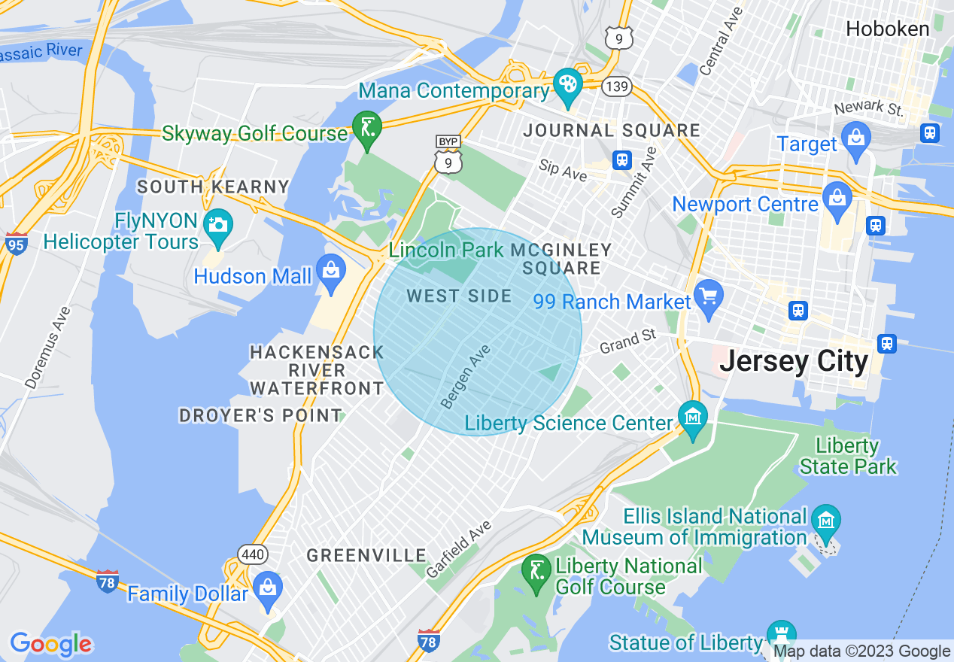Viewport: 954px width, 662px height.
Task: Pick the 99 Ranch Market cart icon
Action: pyautogui.click(x=709, y=296)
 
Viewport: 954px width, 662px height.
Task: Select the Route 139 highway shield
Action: pyautogui.click(x=615, y=87)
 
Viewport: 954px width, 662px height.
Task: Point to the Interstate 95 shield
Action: pyautogui.click(x=16, y=244)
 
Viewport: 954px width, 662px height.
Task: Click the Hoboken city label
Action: pyautogui.click(x=887, y=29)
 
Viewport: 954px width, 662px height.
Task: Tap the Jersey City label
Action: pyautogui.click(x=794, y=362)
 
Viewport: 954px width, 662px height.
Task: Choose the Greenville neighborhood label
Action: pyautogui.click(x=366, y=556)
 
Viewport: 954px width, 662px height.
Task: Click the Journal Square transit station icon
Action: pyautogui.click(x=621, y=159)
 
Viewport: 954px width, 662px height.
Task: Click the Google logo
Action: pyautogui.click(x=51, y=644)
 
